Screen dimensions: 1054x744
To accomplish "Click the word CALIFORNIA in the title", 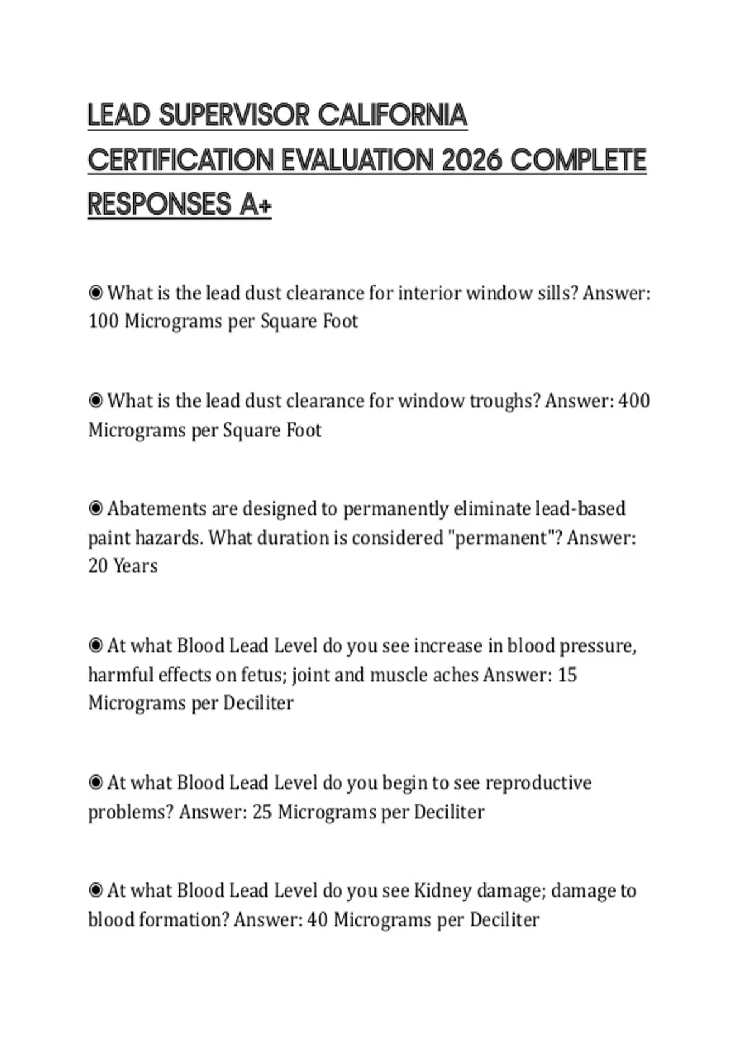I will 392,115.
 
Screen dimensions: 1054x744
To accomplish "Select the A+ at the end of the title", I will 255,205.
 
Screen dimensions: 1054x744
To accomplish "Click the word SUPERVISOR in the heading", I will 234,115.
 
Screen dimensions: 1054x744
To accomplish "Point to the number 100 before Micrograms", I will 103,321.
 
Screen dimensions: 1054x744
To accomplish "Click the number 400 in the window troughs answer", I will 634,401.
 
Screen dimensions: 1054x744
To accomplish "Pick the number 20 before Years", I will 97,565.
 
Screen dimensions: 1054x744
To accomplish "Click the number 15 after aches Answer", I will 567,675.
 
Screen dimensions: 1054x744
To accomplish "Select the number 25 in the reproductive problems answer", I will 262,812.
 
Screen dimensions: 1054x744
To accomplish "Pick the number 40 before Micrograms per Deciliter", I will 317,919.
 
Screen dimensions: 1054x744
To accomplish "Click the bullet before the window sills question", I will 95,293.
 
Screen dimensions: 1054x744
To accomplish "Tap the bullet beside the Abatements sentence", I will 95,508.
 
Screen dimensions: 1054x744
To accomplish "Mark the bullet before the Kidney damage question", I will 95,891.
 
